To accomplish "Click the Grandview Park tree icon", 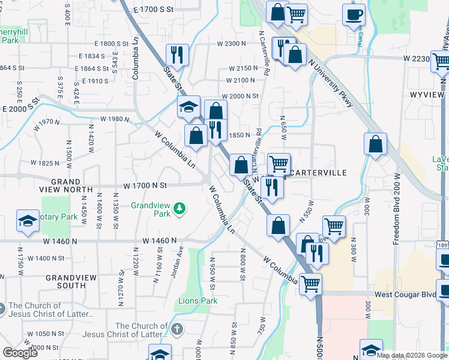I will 179,209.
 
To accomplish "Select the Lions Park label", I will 197,301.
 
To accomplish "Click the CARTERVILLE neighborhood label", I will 318,173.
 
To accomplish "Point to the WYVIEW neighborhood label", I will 427,95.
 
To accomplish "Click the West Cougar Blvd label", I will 405,295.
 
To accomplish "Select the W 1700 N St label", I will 145,186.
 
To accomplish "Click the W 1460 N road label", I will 160,241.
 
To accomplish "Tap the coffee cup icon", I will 354,14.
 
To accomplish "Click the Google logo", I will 20,353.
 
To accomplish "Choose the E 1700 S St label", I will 153,10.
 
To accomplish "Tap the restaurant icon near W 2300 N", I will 177,55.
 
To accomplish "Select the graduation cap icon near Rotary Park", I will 28,220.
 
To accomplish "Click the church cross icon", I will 176,329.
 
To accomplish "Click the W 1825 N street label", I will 44,163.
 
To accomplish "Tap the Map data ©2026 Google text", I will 411,355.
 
